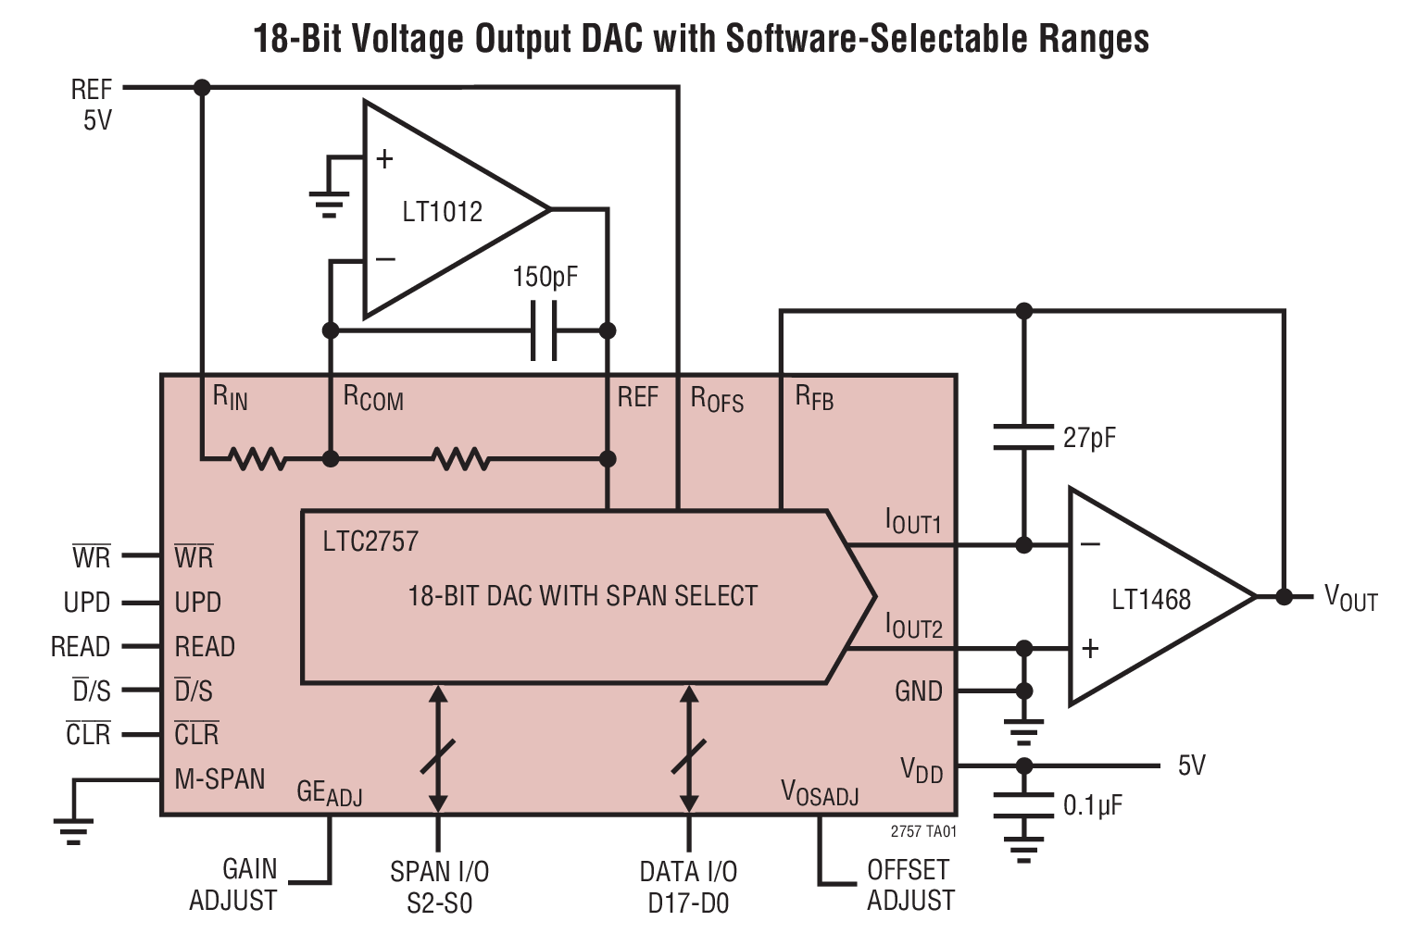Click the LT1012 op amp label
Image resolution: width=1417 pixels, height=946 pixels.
pyautogui.click(x=442, y=212)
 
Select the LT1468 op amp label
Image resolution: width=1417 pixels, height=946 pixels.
pyautogui.click(x=1150, y=600)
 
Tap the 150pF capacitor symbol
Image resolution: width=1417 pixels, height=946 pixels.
pyautogui.click(x=545, y=330)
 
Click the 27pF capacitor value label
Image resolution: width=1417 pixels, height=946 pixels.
pyautogui.click(x=1089, y=438)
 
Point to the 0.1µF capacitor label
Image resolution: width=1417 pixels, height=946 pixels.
pyautogui.click(x=1092, y=805)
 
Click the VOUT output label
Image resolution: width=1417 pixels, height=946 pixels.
pyautogui.click(x=1350, y=598)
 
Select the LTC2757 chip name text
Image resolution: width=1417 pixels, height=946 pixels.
pyautogui.click(x=370, y=541)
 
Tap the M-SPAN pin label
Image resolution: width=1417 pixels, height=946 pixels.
pyautogui.click(x=219, y=779)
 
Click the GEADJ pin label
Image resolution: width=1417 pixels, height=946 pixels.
pyautogui.click(x=329, y=793)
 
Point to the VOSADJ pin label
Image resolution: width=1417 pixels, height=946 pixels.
pyautogui.click(x=820, y=793)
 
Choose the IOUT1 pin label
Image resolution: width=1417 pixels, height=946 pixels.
pyautogui.click(x=913, y=523)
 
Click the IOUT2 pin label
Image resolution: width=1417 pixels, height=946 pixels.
pyautogui.click(x=913, y=627)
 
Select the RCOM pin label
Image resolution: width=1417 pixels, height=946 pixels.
pyautogui.click(x=373, y=398)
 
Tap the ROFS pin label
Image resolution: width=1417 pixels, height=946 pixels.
pyautogui.click(x=717, y=399)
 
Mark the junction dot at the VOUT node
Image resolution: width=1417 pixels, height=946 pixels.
pyautogui.click(x=1284, y=597)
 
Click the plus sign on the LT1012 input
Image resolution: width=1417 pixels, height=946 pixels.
pyautogui.click(x=384, y=159)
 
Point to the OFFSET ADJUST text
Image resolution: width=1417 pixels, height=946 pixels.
pyautogui.click(x=909, y=885)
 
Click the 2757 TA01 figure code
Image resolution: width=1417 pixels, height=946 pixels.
pyautogui.click(x=922, y=831)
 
